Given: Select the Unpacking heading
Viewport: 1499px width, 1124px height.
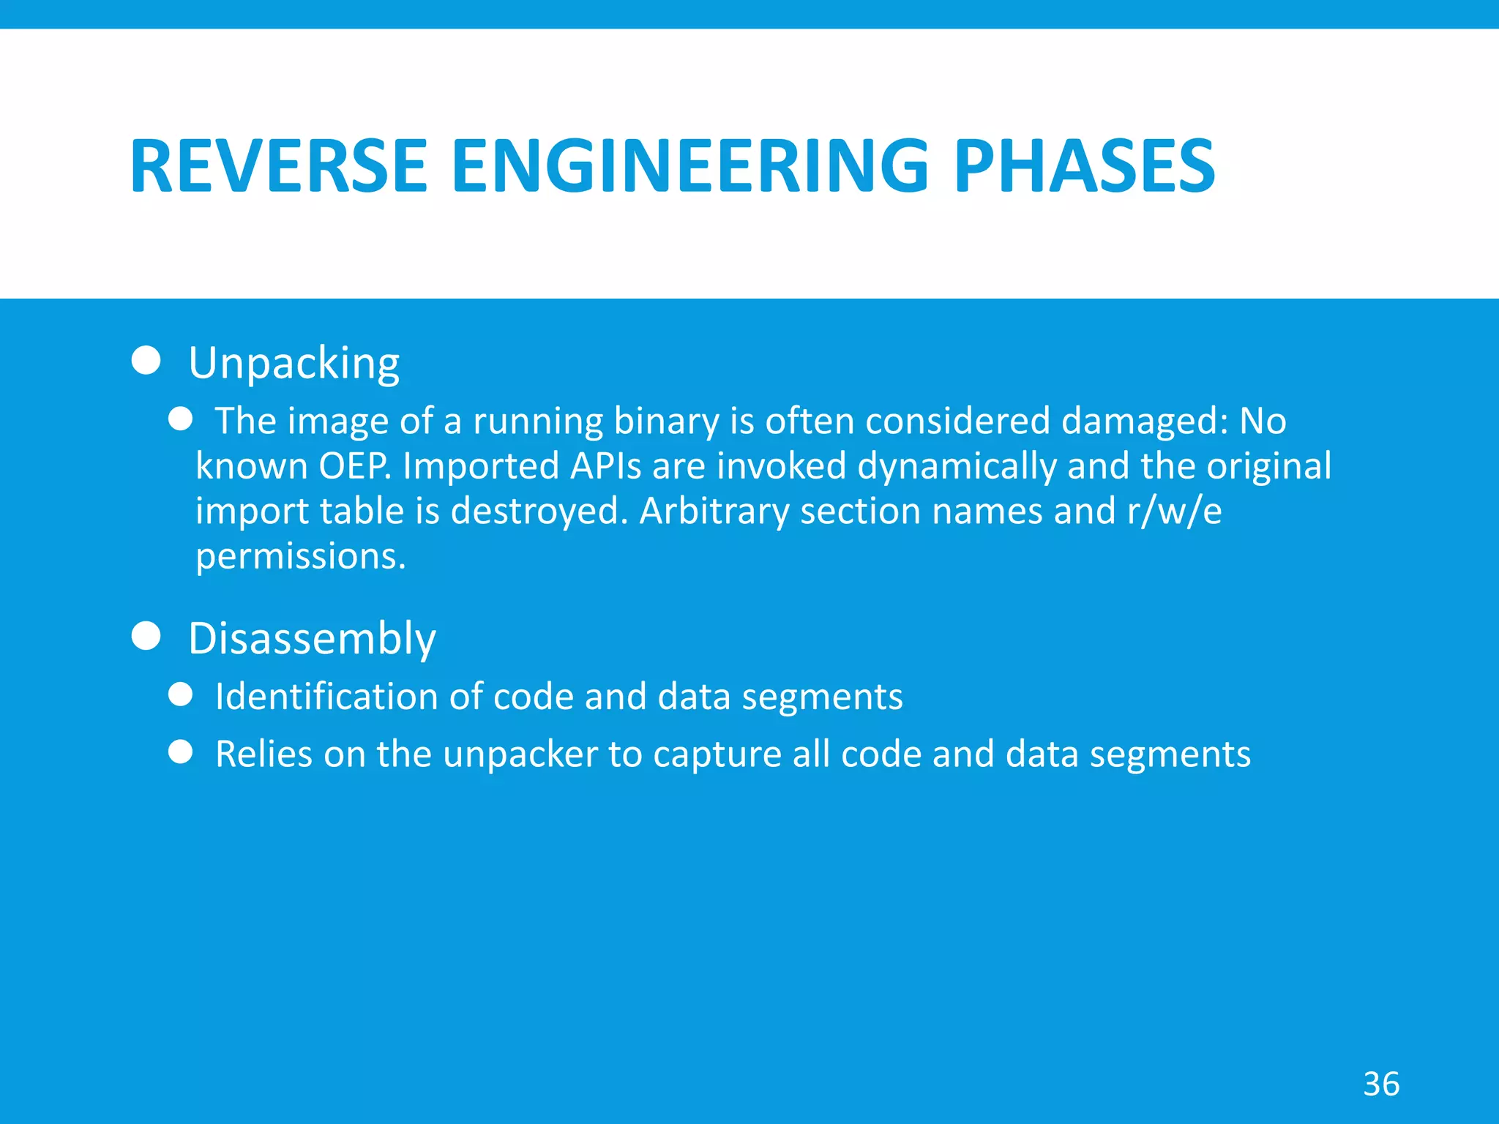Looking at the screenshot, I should (x=294, y=363).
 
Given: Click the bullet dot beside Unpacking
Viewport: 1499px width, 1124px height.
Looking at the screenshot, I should (x=146, y=360).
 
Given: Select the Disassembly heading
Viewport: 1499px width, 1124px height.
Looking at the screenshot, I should (x=312, y=639).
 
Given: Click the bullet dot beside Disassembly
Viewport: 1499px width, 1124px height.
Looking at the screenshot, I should (x=146, y=636).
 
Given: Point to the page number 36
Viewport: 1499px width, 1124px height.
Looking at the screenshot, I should (x=1381, y=1084).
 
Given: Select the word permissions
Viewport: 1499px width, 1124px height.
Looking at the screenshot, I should (x=300, y=557).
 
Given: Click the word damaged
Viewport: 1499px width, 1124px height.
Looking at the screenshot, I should (x=1143, y=421).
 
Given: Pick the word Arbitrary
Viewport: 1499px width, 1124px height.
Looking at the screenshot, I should (x=714, y=511).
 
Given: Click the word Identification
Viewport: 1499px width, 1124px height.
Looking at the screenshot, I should (x=326, y=696).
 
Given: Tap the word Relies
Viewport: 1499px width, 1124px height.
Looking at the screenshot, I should (x=263, y=754).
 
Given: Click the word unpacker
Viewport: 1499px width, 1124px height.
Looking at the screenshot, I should (x=520, y=754).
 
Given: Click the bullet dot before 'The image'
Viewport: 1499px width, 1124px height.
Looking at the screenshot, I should (x=180, y=419).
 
